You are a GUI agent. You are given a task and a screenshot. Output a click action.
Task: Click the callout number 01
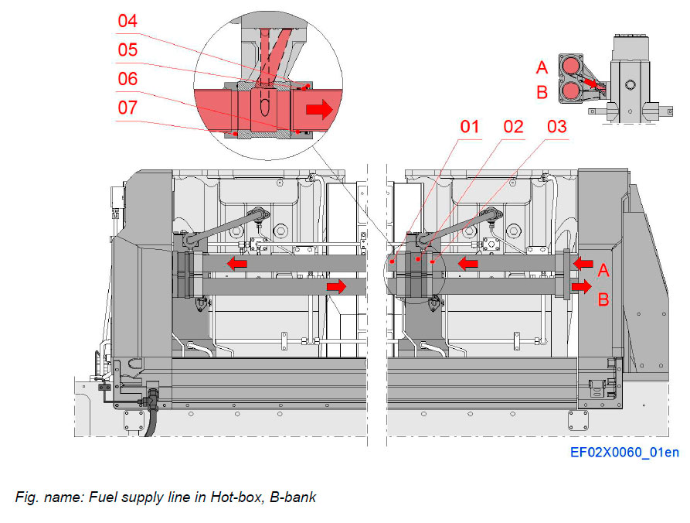[470, 126]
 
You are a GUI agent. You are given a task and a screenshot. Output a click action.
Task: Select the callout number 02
[513, 126]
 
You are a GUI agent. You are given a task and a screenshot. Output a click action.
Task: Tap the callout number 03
[556, 126]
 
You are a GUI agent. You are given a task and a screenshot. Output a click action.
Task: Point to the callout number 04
[128, 21]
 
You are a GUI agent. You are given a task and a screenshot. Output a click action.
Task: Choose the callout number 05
[128, 50]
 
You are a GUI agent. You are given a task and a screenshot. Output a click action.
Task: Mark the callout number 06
[128, 79]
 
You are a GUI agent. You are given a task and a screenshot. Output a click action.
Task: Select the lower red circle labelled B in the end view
[572, 91]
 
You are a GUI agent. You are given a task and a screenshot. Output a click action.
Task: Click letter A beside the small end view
[542, 67]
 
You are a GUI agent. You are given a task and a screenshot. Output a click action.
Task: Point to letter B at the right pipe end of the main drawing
[604, 298]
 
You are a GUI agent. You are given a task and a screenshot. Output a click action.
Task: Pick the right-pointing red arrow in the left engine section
[336, 287]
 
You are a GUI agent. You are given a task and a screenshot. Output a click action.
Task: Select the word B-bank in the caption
[291, 497]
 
